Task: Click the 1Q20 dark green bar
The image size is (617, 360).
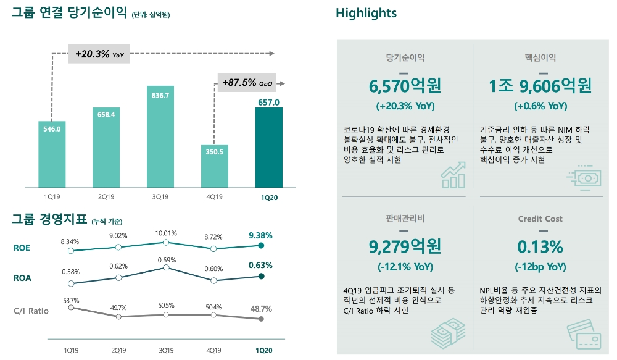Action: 268,147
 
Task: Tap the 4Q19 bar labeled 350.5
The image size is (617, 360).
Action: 214,165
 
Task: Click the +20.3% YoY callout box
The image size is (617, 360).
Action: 99,54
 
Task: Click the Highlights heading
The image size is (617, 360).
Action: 366,13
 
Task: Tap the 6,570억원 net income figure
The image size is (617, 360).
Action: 405,85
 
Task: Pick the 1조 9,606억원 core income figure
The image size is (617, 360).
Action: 539,85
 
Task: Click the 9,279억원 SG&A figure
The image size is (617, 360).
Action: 405,246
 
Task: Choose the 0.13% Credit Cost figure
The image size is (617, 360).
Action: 540,246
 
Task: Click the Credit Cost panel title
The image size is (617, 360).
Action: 540,219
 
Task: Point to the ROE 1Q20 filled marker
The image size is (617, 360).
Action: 262,245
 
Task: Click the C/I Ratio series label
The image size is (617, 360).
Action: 31,311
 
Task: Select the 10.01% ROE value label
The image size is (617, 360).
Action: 165,233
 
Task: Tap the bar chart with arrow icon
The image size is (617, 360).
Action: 453,175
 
